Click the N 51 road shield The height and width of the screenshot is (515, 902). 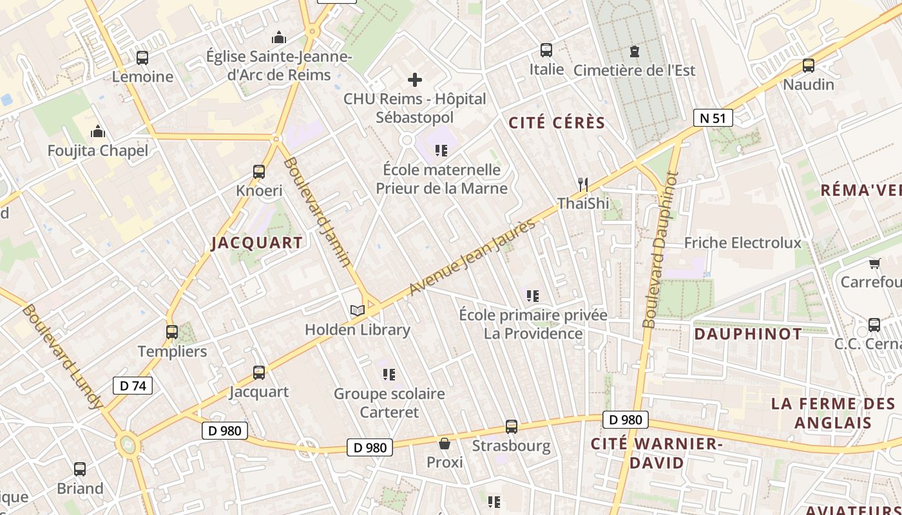click(713, 118)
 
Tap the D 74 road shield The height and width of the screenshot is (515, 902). click(133, 386)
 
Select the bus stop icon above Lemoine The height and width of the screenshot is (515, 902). click(142, 58)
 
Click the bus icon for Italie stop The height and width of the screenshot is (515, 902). click(546, 50)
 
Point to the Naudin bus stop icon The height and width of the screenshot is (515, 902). click(808, 66)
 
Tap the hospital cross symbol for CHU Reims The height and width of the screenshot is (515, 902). click(415, 80)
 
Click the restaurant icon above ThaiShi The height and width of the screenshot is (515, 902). click(582, 185)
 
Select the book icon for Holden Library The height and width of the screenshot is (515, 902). click(358, 310)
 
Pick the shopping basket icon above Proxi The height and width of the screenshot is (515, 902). click(445, 444)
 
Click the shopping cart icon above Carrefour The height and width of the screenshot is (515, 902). click(874, 263)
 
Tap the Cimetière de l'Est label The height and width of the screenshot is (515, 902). click(634, 70)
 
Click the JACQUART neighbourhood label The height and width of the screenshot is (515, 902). click(257, 243)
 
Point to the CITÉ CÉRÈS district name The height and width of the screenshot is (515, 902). click(557, 123)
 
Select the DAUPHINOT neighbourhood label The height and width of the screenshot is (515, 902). click(748, 334)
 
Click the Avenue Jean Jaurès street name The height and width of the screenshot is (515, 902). click(472, 257)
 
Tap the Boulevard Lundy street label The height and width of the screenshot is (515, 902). click(62, 357)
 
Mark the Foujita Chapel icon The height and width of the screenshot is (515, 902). click(98, 132)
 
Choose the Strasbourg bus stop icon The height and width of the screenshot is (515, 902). click(512, 427)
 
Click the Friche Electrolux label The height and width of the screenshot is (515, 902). click(742, 243)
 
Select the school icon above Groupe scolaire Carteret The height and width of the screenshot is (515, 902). click(389, 374)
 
